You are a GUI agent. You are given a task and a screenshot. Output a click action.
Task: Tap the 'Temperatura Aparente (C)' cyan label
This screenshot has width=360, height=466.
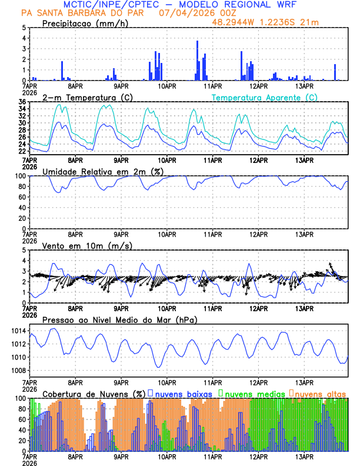[x=264, y=97]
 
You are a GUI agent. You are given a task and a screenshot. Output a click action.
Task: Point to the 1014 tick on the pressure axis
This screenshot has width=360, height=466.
[x=18, y=331]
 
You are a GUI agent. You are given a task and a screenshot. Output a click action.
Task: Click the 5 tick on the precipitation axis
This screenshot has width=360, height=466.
[x=24, y=28]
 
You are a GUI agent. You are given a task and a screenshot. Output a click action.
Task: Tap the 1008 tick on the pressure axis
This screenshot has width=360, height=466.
[x=18, y=370]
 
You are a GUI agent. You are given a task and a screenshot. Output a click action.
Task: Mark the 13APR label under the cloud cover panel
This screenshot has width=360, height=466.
[x=304, y=456]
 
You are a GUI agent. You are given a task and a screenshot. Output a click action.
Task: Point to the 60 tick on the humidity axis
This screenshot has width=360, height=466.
[x=22, y=197]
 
